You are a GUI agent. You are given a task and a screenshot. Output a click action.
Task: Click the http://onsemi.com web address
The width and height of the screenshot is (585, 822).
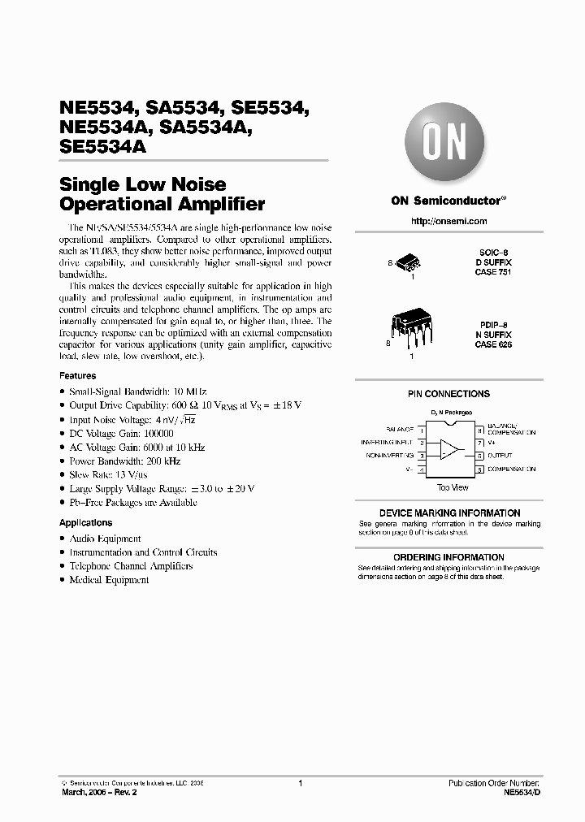point(448,221)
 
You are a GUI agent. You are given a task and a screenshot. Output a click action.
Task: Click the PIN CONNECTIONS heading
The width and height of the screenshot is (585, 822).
point(448,394)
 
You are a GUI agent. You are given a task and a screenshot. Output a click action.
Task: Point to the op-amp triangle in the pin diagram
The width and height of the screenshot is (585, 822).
point(449,449)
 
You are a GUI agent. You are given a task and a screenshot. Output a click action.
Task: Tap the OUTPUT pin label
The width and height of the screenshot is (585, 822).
point(499,456)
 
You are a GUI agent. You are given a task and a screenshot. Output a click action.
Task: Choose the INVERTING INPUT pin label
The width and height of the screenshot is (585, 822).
point(388,443)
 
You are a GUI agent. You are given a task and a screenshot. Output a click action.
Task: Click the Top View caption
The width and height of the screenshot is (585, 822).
point(453,487)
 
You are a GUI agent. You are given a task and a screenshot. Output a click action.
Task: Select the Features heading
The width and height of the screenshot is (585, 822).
point(77,376)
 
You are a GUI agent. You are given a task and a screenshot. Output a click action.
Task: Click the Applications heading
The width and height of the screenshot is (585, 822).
point(85,523)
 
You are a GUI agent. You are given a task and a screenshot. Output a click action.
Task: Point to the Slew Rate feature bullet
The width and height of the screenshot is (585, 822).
point(102,474)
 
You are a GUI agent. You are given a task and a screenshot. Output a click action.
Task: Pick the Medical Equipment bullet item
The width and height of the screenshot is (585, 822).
point(109,580)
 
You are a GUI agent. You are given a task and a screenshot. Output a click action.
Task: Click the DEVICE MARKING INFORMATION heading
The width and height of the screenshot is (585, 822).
point(449,513)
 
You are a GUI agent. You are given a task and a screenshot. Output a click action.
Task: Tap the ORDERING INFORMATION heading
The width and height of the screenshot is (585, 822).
point(449,557)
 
